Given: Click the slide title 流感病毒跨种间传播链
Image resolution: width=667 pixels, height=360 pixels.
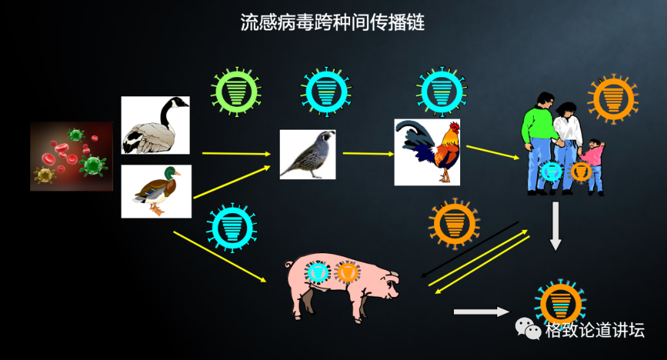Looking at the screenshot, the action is tap(333, 23).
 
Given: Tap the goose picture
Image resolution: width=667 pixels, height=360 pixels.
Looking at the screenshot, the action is tap(155, 125).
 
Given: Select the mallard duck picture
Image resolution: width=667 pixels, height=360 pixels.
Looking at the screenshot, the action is tap(156, 191).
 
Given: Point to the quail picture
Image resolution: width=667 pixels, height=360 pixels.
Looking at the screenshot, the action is tap(307, 154).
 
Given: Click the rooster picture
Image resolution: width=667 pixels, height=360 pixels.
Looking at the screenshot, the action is tap(427, 152).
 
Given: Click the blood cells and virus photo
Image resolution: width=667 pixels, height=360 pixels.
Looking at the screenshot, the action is tap(72, 156).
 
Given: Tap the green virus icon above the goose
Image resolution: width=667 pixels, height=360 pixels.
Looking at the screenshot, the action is tap(236, 91).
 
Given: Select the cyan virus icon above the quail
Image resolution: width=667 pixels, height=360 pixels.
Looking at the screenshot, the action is tap(326, 91).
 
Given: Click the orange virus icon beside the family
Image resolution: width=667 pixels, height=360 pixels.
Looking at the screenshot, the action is tap(613, 99).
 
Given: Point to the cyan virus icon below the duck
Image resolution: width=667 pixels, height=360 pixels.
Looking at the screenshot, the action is tap(232, 227).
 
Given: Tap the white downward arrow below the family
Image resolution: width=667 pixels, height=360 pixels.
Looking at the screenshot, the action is tap(555, 227).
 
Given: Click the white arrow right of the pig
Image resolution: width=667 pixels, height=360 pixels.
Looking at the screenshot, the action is tap(482, 312).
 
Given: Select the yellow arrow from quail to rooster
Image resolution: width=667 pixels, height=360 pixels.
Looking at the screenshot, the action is tap(368, 154).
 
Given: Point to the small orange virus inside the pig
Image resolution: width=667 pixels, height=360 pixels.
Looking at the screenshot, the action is tap(347, 272).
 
